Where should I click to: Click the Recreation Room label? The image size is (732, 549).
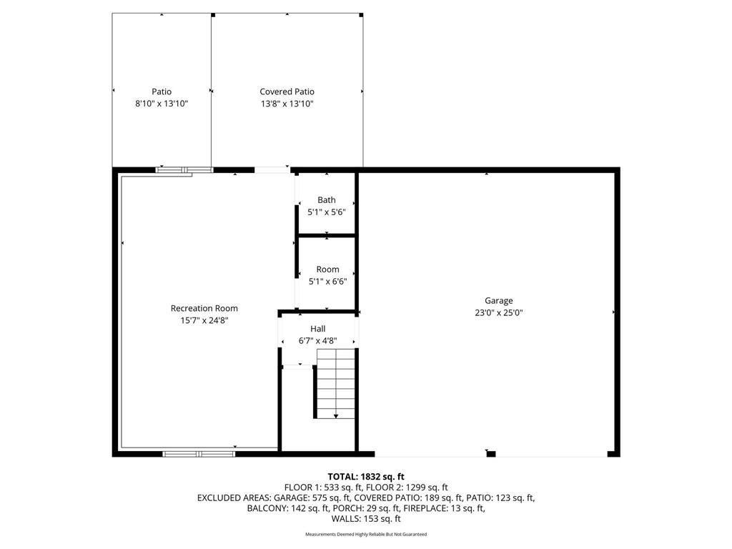pos(204,308)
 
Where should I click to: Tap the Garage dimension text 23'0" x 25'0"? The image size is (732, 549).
pos(498,313)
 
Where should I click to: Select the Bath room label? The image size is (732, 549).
pos(326,200)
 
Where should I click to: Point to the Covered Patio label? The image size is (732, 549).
pos(287,91)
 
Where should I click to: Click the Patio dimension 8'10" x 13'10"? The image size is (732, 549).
pos(162,104)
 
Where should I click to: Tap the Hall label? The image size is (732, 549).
pos(318,329)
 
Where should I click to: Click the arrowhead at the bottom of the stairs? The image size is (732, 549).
pos(336,416)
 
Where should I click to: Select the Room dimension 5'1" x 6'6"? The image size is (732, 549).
pos(327,282)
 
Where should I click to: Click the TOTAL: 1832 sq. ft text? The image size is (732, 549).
pos(366,477)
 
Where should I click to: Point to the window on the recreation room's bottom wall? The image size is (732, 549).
pos(199,453)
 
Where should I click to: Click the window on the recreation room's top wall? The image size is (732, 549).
pos(184,170)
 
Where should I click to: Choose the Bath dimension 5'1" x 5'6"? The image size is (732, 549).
pos(326,212)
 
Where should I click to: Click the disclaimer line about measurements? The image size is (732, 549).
pos(366,534)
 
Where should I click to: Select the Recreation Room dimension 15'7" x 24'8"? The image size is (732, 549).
pos(204,321)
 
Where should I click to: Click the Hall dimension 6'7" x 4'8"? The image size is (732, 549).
pos(318,341)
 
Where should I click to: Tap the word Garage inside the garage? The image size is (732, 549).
pos(498,301)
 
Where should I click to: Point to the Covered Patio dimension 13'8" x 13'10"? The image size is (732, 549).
pos(287,104)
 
